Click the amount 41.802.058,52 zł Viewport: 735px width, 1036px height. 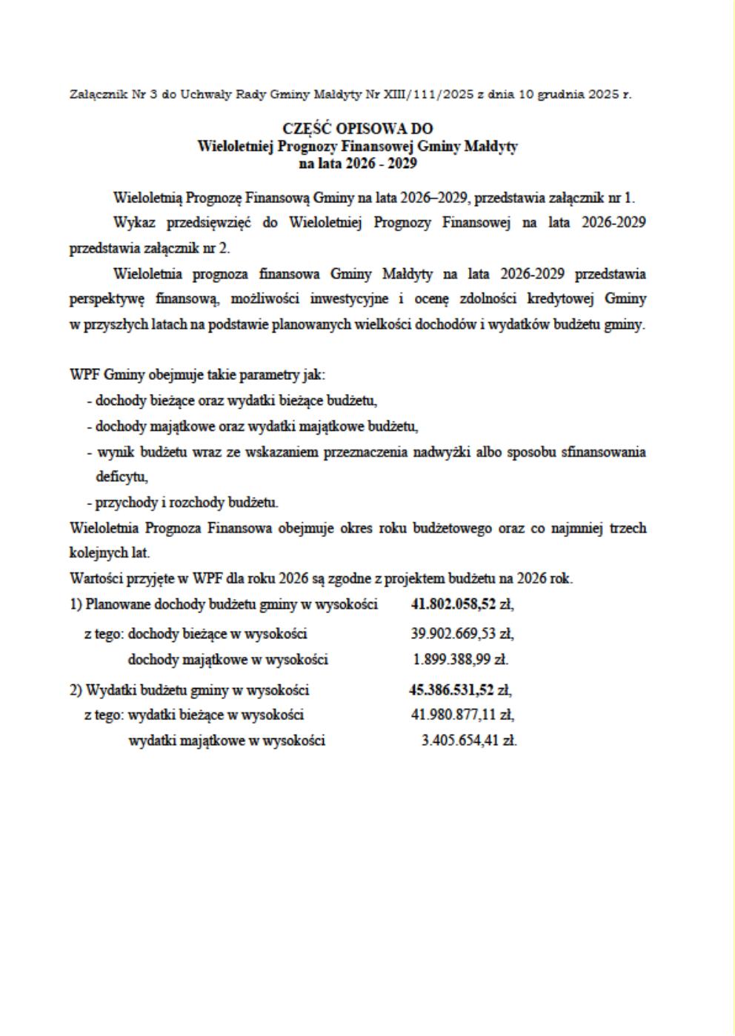(x=462, y=604)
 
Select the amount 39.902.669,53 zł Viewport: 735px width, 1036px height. (x=462, y=634)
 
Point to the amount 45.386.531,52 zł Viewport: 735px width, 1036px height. (x=460, y=690)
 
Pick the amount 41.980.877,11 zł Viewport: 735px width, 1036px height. (x=462, y=715)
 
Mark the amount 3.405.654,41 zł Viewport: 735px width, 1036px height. (x=468, y=741)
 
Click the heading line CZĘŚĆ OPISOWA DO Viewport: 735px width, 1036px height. (x=358, y=129)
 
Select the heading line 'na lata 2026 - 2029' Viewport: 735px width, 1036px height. (x=358, y=163)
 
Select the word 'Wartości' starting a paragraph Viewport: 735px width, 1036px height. (x=94, y=578)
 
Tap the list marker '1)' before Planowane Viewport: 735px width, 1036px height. (x=76, y=604)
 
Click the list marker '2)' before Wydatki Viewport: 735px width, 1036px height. (x=76, y=690)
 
